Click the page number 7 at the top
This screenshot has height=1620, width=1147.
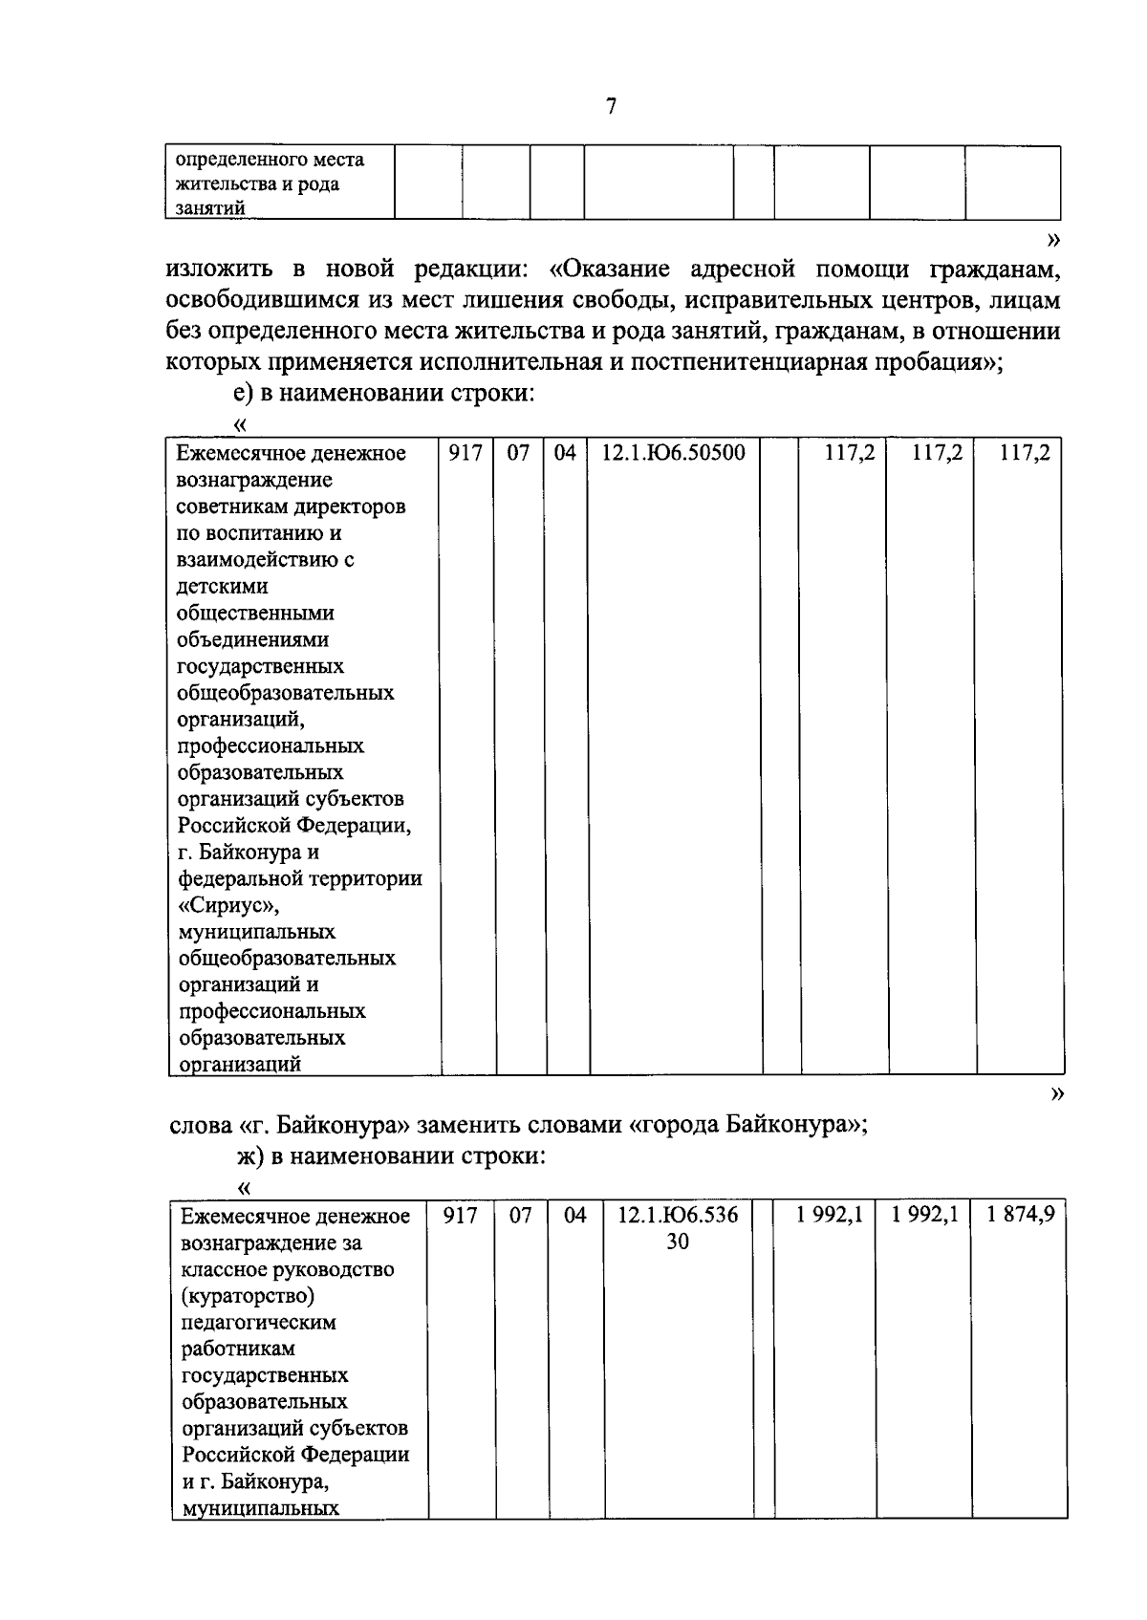tap(612, 106)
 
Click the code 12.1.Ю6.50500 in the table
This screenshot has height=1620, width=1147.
tap(672, 453)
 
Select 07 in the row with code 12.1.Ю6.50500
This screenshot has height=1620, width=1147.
tap(518, 453)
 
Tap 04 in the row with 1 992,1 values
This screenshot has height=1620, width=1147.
tap(575, 1216)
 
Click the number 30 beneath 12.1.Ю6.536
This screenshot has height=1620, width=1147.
tap(677, 1242)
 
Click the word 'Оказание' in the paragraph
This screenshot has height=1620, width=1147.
tap(615, 271)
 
